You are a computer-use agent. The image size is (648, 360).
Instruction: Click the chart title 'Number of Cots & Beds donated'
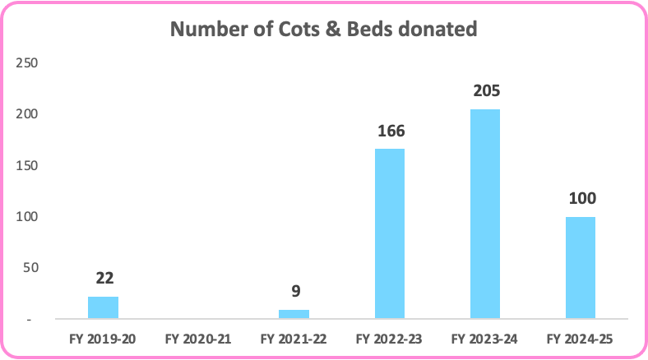coord(323,30)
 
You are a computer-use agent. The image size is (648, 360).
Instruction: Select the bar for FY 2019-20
coord(103,307)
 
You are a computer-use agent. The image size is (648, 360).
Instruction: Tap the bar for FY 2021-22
coord(294,314)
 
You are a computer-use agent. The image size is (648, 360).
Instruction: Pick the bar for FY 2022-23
coord(389,233)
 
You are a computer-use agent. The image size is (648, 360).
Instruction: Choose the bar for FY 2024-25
coord(580,267)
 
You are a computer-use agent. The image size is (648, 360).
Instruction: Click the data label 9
coord(294,293)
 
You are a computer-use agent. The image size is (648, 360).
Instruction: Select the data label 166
coord(389,132)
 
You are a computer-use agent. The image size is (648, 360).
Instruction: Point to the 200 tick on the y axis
coord(27,114)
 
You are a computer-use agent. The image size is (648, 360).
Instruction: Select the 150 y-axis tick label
coord(27,165)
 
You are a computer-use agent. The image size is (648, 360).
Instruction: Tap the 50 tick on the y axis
coord(30,268)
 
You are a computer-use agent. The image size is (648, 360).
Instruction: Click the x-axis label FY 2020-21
coord(198,338)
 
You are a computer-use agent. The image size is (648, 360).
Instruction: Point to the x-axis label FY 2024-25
coord(580,338)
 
